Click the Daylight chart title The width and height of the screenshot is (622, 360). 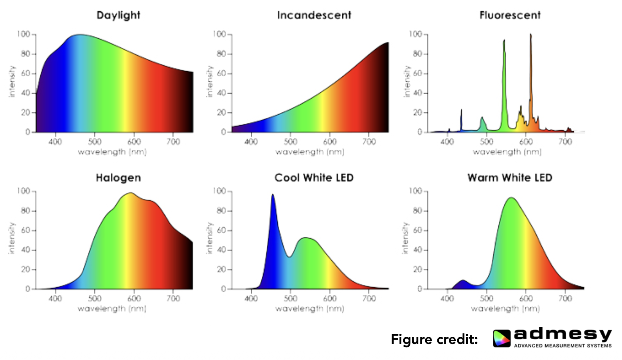[x=118, y=15]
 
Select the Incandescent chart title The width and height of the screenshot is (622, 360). [x=314, y=15]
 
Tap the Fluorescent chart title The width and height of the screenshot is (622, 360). [x=510, y=15]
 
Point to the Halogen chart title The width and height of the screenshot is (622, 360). [x=118, y=178]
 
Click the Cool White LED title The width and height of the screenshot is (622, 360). [x=314, y=178]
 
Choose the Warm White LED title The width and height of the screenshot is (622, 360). [x=510, y=178]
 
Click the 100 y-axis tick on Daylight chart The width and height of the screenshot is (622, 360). [x=23, y=34]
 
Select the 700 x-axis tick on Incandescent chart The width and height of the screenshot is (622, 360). [x=369, y=142]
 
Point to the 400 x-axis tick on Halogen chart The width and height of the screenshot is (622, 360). [x=55, y=299]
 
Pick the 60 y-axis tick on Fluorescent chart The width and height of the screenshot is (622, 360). [x=417, y=74]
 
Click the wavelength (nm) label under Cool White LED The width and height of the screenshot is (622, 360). [x=309, y=309]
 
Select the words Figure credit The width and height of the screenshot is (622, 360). [x=434, y=339]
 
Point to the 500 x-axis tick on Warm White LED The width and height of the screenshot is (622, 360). [x=487, y=299]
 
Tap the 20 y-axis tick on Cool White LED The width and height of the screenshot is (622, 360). [x=222, y=270]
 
